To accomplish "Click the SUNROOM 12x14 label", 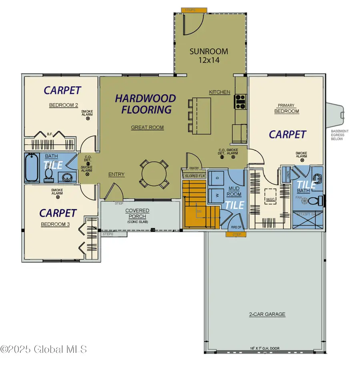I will (x=209, y=56).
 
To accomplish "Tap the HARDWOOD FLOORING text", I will (x=145, y=103).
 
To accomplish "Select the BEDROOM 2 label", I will (x=63, y=105).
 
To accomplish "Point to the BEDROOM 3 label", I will (x=56, y=224).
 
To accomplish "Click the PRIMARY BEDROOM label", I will (x=286, y=109).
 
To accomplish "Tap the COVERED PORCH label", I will (x=137, y=213).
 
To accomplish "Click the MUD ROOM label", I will (x=234, y=191).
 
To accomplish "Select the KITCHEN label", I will (x=220, y=92).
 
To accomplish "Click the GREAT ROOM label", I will (x=147, y=127).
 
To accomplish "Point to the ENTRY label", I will (x=116, y=174).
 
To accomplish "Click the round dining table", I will (x=153, y=174).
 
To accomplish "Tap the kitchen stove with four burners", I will (x=240, y=101).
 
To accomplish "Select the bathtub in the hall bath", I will (x=32, y=168).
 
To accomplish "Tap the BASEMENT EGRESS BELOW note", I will (x=340, y=135).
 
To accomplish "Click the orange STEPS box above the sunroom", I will (x=194, y=10).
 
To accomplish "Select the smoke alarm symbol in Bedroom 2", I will (x=87, y=119).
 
